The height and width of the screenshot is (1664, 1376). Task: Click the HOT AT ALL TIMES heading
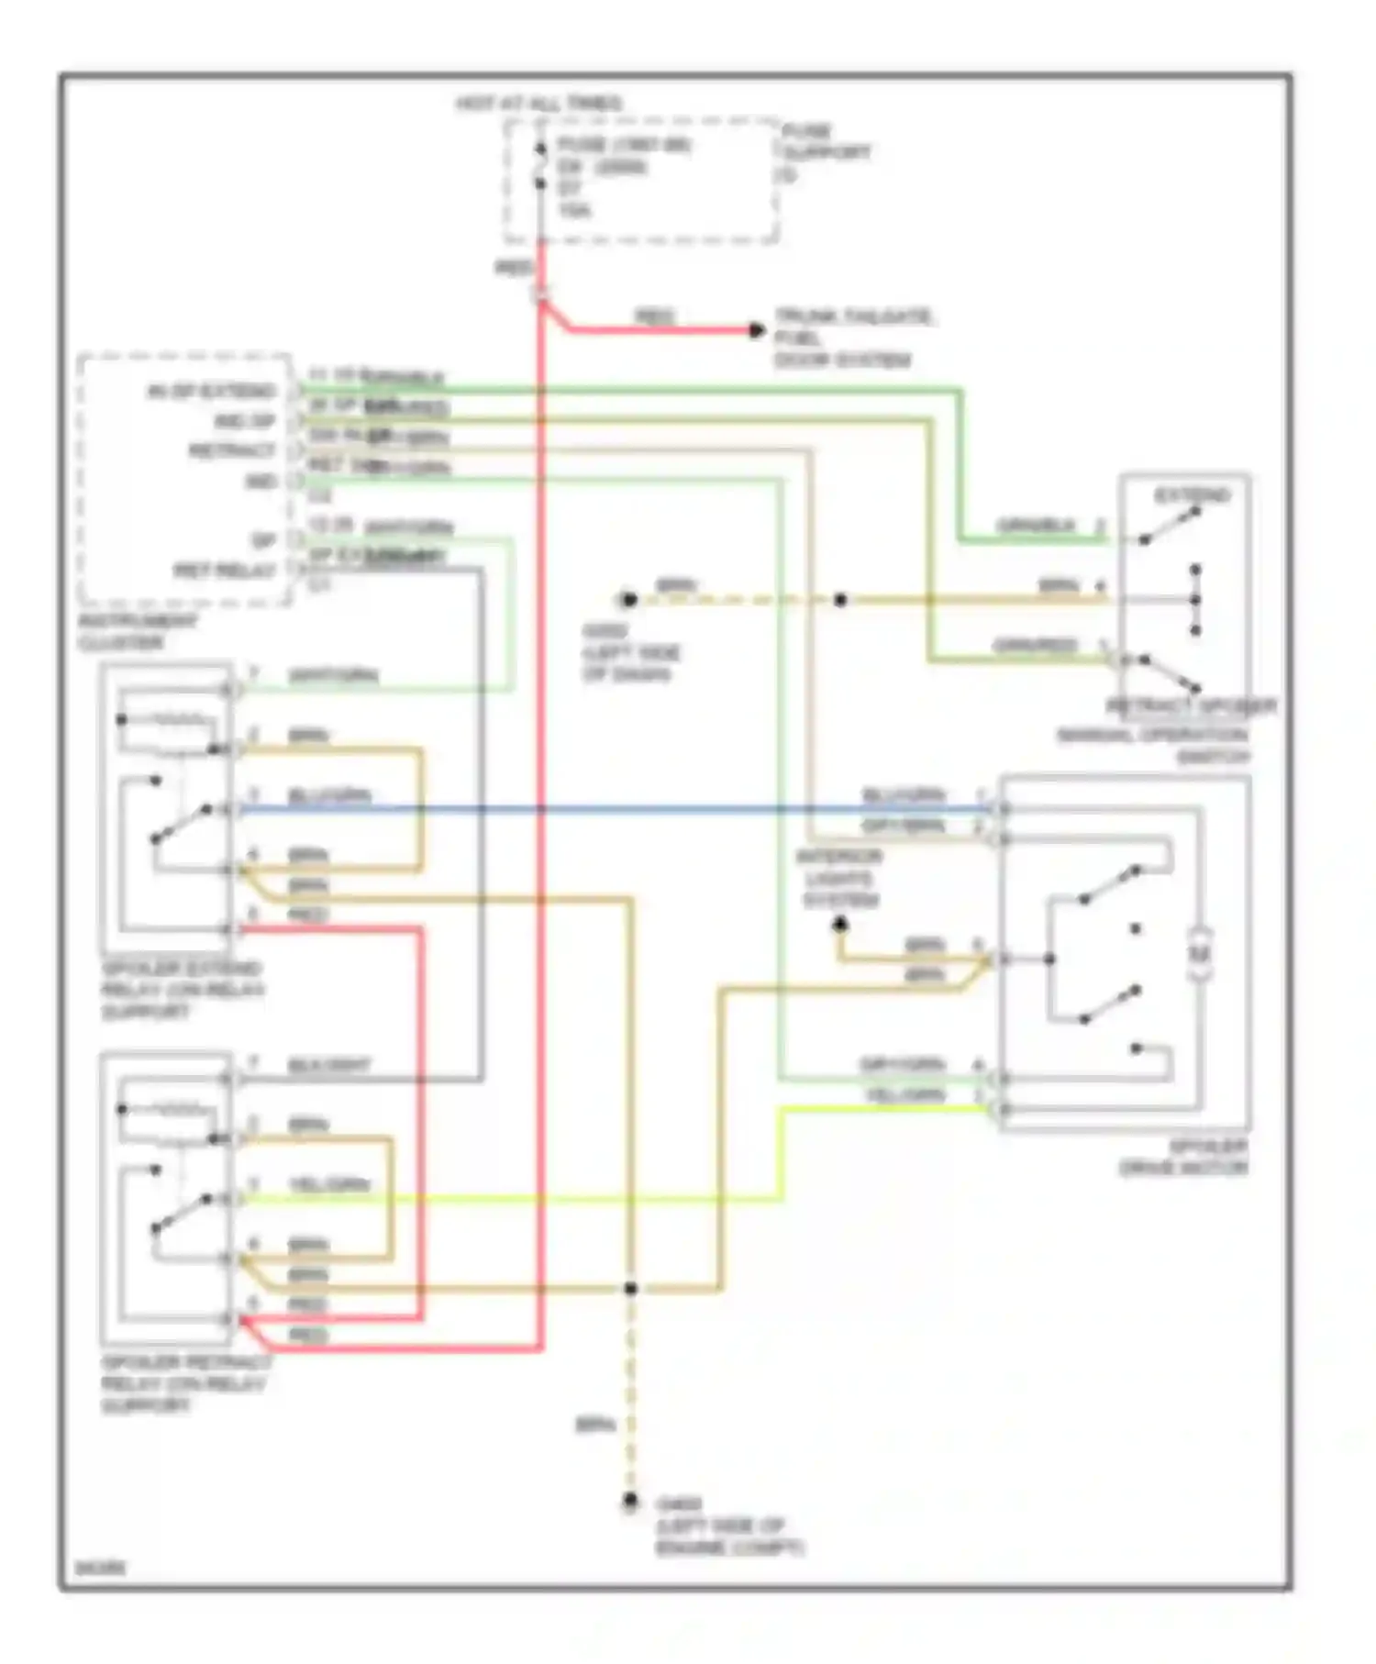coord(539,104)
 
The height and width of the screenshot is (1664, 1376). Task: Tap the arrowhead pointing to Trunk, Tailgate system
coord(757,330)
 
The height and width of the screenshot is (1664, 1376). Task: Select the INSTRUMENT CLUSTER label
coord(137,632)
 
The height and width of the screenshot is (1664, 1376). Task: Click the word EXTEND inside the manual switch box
coord(1192,496)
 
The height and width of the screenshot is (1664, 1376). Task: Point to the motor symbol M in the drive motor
coord(1201,955)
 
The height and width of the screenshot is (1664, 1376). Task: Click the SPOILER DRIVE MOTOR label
coord(1183,1158)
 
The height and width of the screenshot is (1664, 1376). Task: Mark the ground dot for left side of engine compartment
coord(630,1502)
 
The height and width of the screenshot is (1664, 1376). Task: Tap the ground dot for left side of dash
coord(628,600)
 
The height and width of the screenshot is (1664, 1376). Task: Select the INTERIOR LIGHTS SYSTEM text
coord(839,879)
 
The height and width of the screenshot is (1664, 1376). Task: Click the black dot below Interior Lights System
coord(840,926)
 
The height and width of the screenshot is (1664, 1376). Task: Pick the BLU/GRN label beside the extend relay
coord(329,796)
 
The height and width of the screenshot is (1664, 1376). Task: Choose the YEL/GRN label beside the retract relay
coord(329,1185)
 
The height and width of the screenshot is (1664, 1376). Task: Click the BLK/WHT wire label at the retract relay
coord(329,1066)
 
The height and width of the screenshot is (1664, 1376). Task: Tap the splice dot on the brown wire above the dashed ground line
coord(631,1289)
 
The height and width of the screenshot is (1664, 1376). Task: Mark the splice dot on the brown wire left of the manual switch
coord(840,600)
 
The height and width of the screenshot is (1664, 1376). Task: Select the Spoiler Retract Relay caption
coord(183,1384)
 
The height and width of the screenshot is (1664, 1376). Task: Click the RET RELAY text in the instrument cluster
coord(226,571)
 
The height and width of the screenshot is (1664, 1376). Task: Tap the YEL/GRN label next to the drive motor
coord(904,1096)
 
